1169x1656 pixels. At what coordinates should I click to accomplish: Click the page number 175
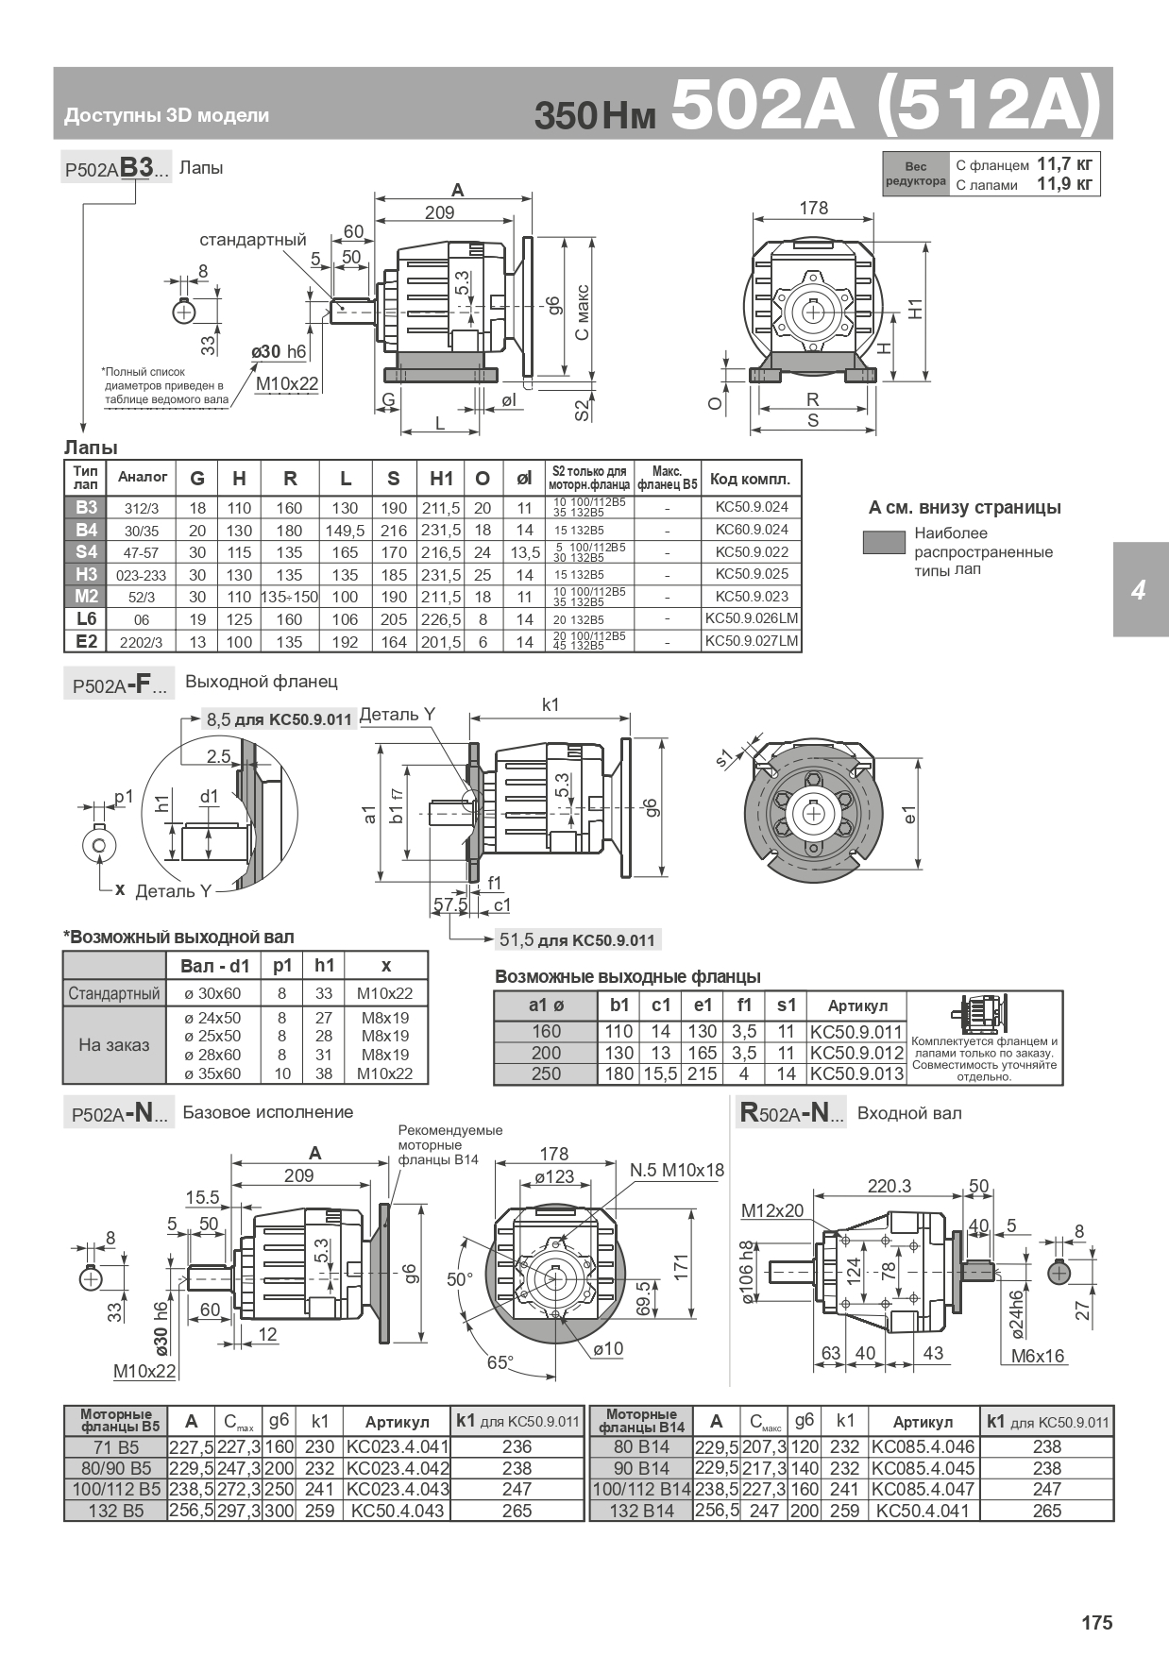tap(1097, 1623)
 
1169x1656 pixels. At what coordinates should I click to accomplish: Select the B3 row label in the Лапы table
tap(86, 507)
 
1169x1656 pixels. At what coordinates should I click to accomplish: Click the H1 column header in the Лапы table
tap(441, 479)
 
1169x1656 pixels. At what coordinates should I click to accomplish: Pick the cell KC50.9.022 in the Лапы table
tap(752, 551)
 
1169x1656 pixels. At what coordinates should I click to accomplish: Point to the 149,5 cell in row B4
tap(346, 530)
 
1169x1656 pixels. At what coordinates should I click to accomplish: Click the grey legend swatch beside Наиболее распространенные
tap(884, 542)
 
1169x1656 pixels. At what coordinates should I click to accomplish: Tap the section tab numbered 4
tap(1141, 590)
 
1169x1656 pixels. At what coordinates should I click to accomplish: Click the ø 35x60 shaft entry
tap(212, 1073)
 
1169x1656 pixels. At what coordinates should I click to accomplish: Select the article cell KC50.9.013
tap(856, 1073)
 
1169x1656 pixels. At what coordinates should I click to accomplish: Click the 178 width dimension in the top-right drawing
tap(813, 208)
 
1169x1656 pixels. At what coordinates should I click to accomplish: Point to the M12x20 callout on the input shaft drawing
tap(772, 1210)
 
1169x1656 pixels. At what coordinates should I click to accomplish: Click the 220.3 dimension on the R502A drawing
tap(889, 1186)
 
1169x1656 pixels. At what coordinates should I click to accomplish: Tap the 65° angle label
tap(500, 1362)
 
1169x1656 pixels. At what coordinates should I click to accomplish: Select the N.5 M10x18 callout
tap(677, 1171)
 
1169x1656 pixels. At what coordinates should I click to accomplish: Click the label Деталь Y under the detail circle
tap(173, 891)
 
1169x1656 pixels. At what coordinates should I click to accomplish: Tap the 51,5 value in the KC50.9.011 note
tap(516, 939)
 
